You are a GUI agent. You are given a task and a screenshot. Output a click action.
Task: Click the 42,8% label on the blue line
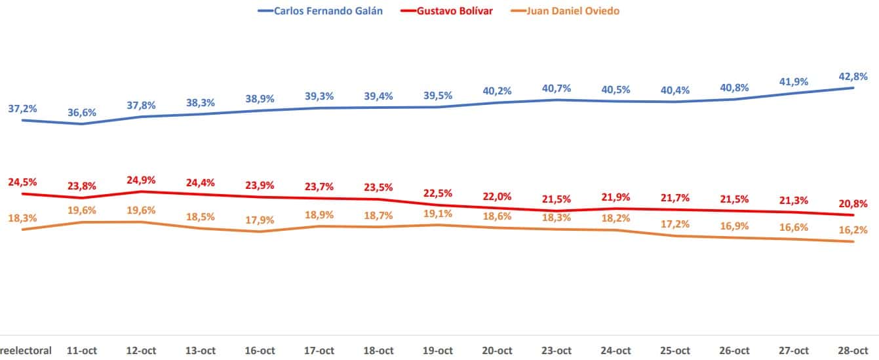[853, 75]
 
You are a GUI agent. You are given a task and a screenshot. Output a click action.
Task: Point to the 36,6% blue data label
[82, 112]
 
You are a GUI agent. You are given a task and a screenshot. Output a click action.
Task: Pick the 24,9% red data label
[141, 180]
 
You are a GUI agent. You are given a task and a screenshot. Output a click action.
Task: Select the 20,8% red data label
[853, 203]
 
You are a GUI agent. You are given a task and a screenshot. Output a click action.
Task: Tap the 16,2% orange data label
[853, 230]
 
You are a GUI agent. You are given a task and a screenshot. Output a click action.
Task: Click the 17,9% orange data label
[260, 220]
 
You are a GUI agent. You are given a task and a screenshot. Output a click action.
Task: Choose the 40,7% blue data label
[557, 87]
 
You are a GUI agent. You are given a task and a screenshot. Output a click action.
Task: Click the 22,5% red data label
[438, 193]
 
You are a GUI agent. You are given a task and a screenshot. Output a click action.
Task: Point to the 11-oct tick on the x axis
[82, 351]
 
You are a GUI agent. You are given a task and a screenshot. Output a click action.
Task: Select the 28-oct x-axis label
[853, 351]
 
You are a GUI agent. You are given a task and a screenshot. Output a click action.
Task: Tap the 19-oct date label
[438, 351]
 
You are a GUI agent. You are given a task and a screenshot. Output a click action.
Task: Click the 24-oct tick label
[615, 351]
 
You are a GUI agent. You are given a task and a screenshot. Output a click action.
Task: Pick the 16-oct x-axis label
[260, 351]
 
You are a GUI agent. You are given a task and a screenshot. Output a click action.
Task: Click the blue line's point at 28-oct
[853, 88]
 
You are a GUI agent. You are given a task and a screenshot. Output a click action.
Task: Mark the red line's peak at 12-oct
[141, 191]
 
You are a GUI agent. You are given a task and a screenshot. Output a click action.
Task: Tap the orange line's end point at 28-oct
[853, 241]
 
